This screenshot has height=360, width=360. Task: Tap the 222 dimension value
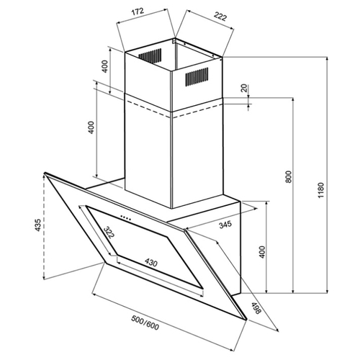pos(220,17)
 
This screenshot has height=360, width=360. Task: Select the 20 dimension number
pos(244,89)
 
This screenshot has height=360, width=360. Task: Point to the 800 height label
pos(289,176)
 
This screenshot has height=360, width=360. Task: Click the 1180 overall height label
pos(321,190)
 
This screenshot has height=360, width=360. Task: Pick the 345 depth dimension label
pos(225,225)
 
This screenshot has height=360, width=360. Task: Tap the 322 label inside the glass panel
pos(109,232)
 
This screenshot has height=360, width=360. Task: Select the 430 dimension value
pos(150,263)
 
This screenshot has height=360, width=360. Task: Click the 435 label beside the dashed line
pos(38,225)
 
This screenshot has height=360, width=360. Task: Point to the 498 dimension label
pos(256,308)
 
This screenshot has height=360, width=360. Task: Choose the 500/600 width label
pos(145,323)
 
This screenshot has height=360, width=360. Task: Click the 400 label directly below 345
pos(262,252)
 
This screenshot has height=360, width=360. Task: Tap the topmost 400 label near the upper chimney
pos(105,66)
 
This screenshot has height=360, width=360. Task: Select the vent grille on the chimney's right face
pos(197,76)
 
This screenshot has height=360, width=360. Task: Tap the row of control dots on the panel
pos(125,217)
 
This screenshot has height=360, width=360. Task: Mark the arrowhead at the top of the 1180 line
pos(327,59)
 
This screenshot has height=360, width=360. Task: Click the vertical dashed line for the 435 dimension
pos(43,227)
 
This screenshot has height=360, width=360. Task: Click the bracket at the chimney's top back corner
pos(174,41)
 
